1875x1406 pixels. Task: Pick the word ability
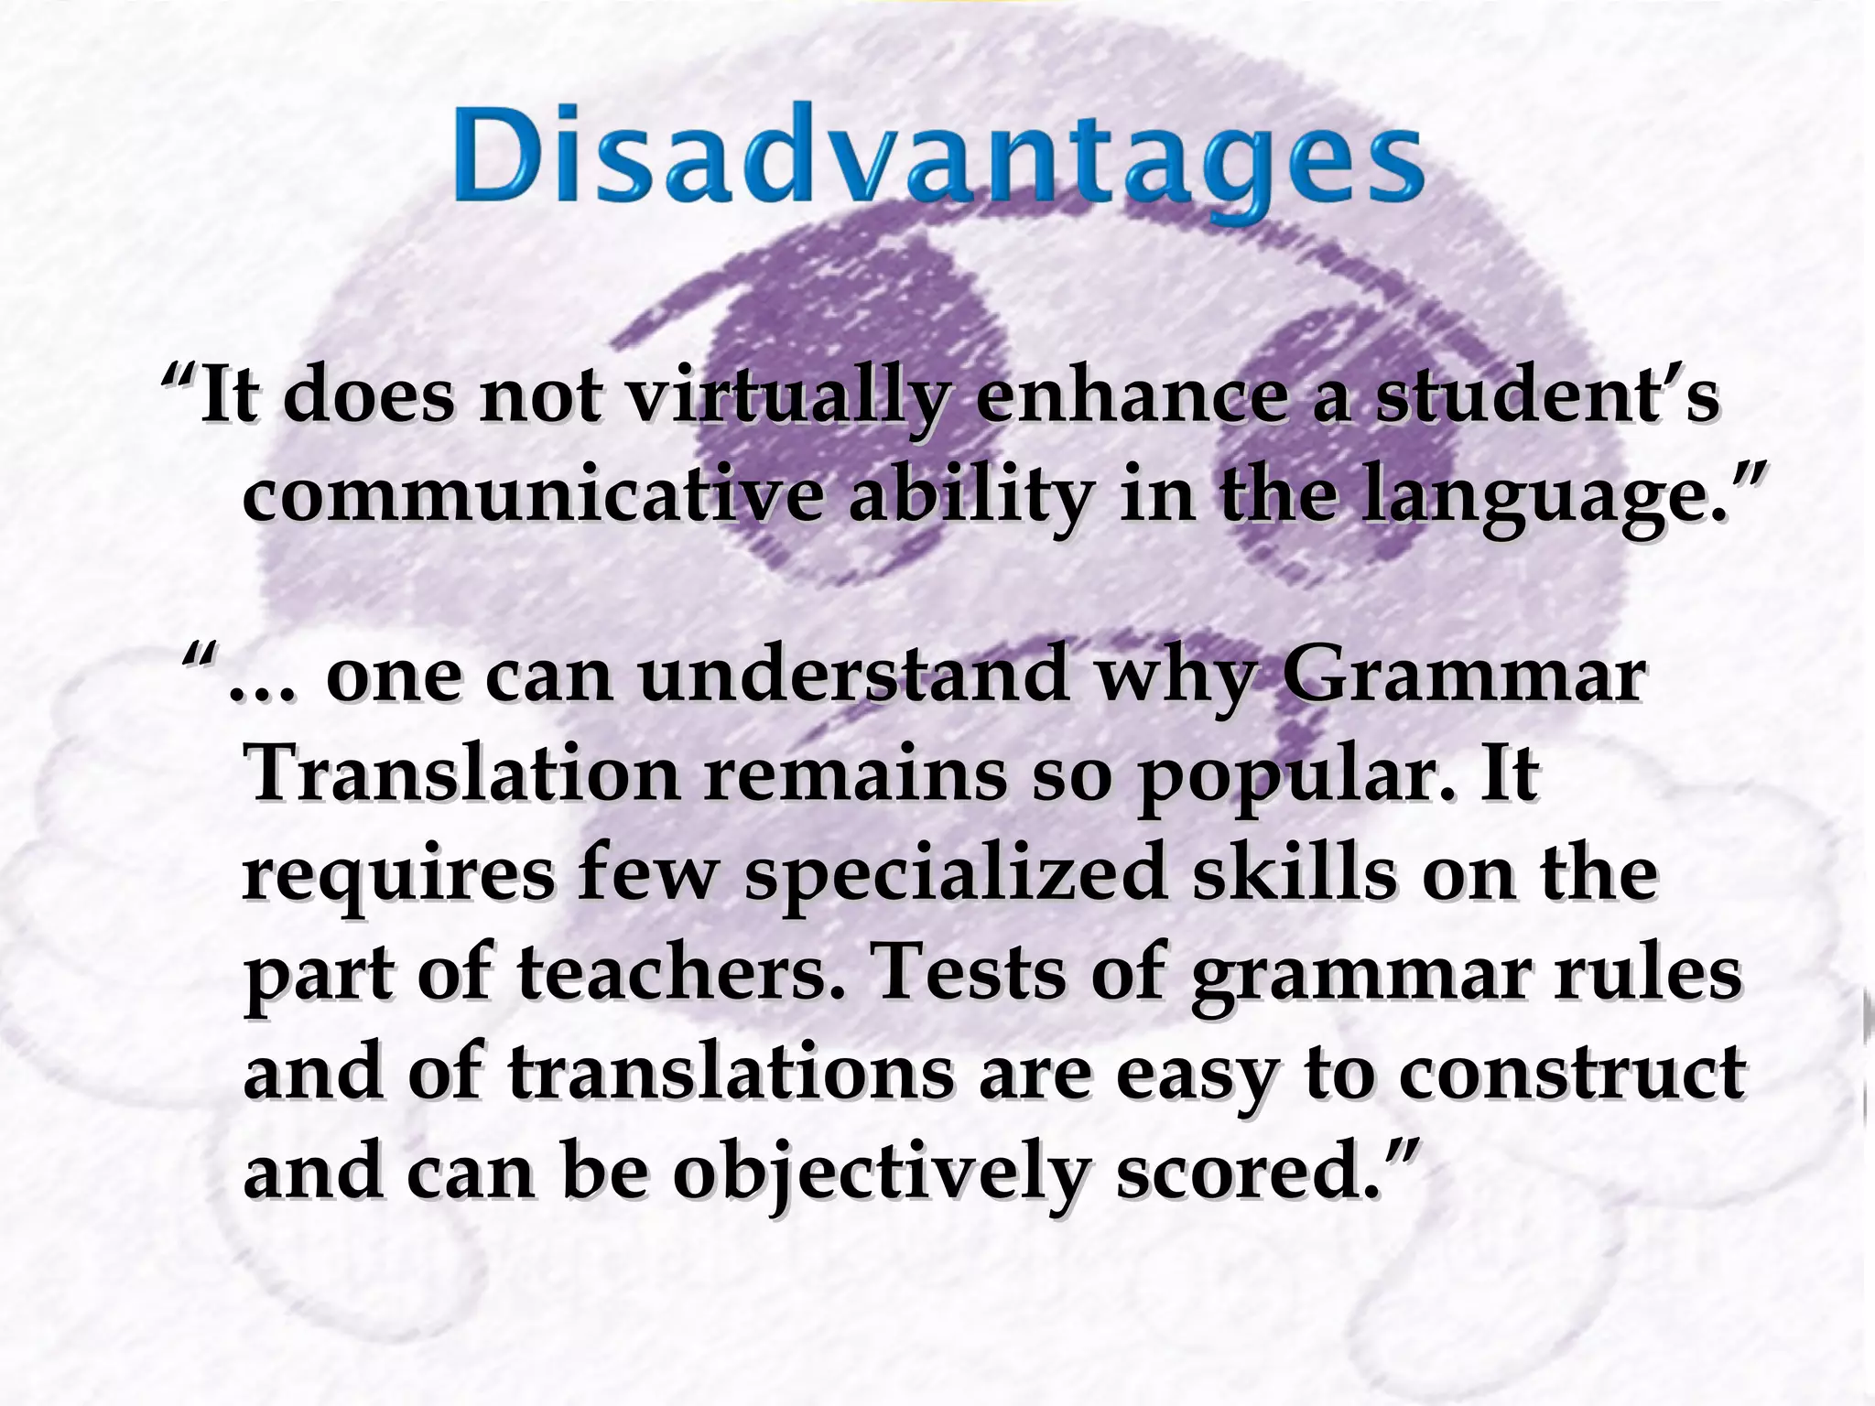tap(970, 499)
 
